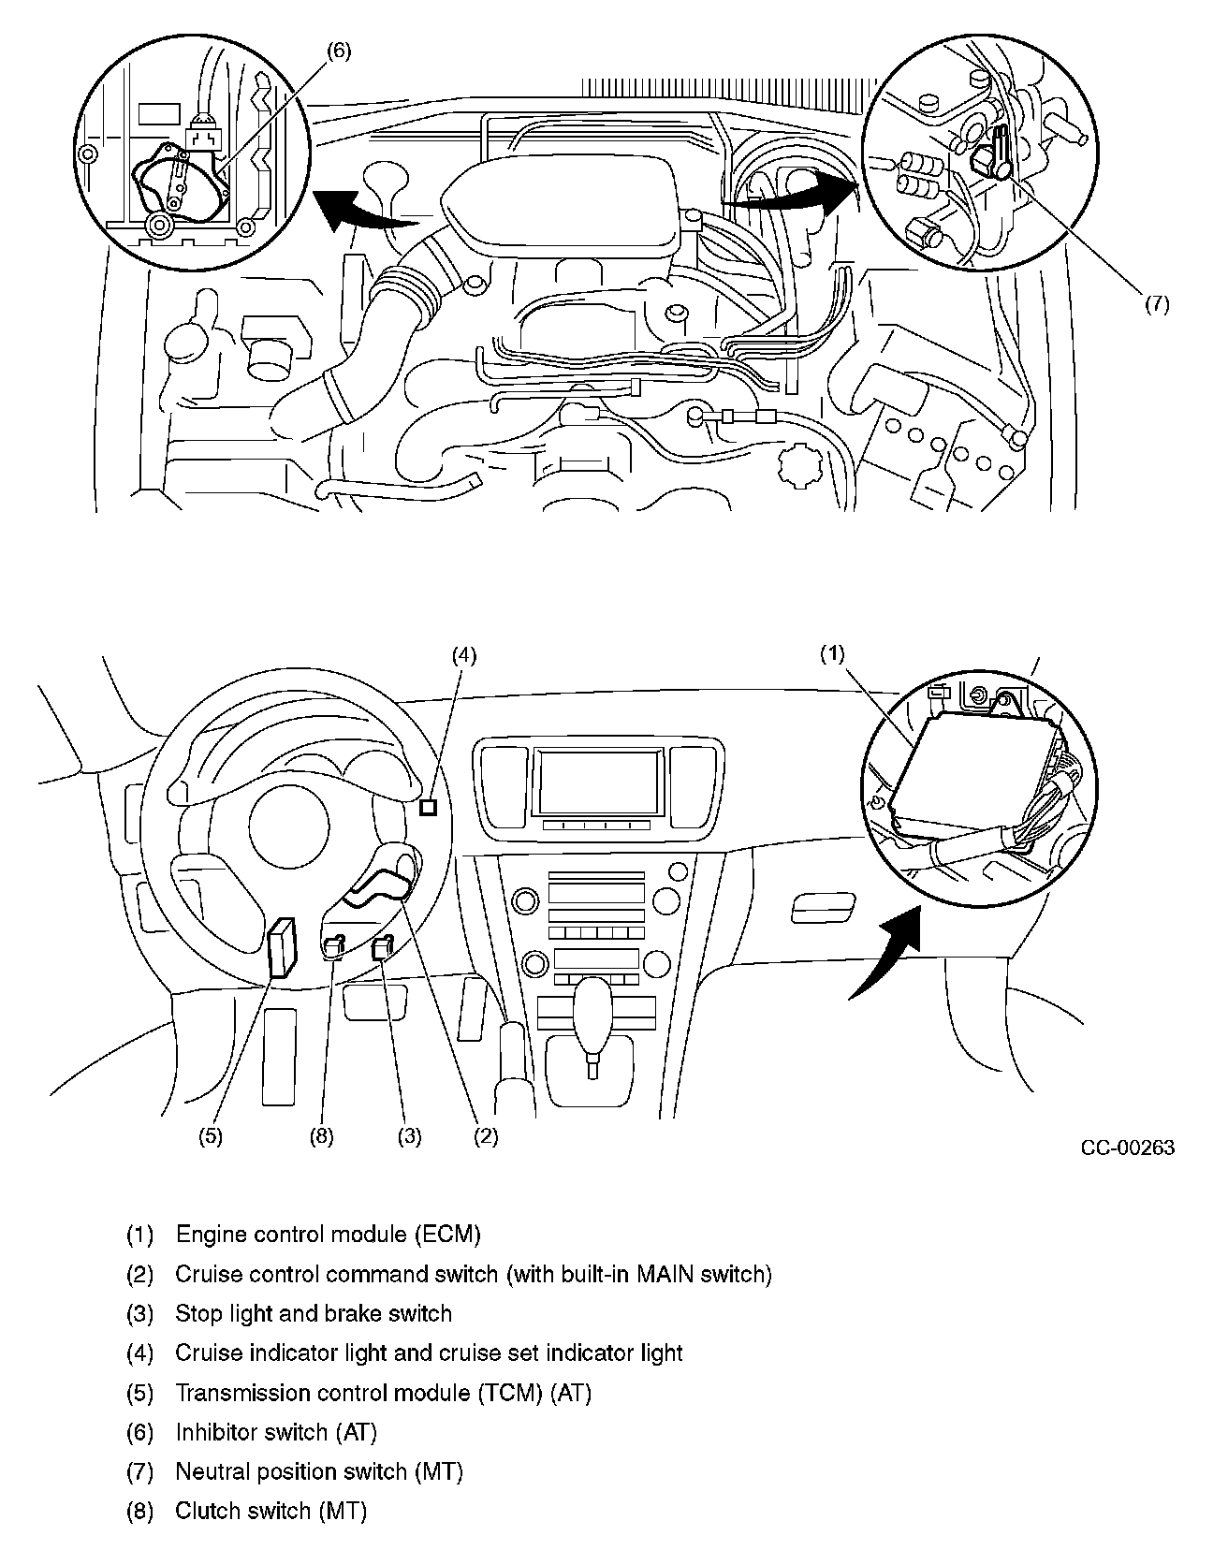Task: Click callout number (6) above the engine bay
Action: click(339, 51)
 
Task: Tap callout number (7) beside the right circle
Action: click(1158, 304)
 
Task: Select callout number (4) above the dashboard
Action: click(464, 655)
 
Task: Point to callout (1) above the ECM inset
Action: click(832, 653)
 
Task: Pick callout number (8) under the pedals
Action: click(321, 1136)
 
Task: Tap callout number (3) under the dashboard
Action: click(409, 1136)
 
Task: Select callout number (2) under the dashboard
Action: click(485, 1136)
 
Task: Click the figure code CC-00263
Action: click(1127, 1148)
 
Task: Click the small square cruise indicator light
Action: click(429, 807)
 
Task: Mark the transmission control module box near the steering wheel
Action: click(282, 947)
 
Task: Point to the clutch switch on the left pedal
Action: click(334, 948)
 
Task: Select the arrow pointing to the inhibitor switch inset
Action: click(360, 212)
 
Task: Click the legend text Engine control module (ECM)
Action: click(328, 1234)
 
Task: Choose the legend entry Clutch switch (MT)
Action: click(270, 1510)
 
